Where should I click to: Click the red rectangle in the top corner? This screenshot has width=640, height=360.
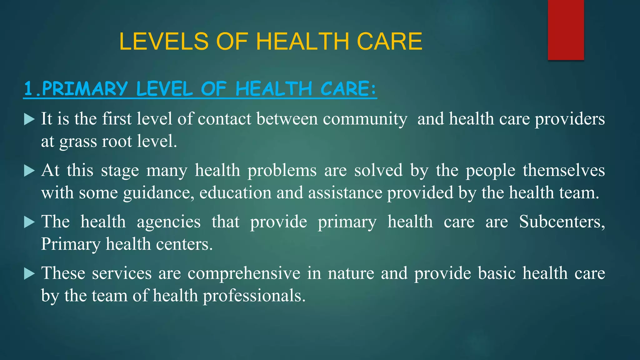[566, 30]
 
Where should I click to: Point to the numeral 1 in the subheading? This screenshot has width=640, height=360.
[28, 89]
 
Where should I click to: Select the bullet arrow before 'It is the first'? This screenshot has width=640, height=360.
[29, 119]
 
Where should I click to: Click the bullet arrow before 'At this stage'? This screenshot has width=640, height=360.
[29, 171]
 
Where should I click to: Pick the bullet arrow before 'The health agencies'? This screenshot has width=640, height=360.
[29, 222]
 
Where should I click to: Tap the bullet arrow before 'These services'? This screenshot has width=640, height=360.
[29, 274]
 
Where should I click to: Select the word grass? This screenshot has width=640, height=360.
[78, 142]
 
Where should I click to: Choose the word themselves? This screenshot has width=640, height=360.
[564, 171]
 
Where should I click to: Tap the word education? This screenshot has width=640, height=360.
[235, 193]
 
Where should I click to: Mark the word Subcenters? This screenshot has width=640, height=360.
[562, 222]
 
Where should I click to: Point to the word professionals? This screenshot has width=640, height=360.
[254, 296]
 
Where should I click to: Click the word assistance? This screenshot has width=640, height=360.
[345, 193]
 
